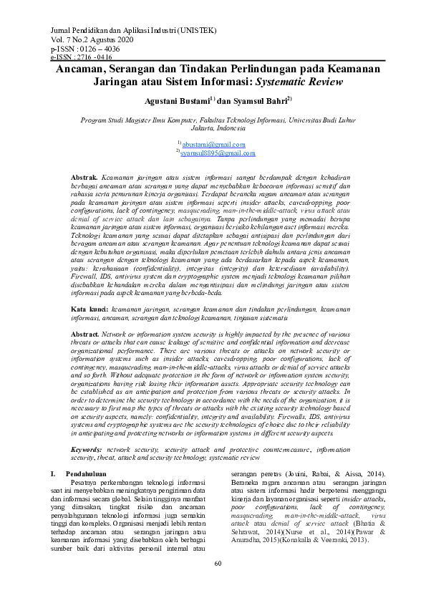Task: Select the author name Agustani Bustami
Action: click(x=174, y=101)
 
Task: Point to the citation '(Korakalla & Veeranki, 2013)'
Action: click(x=334, y=539)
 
